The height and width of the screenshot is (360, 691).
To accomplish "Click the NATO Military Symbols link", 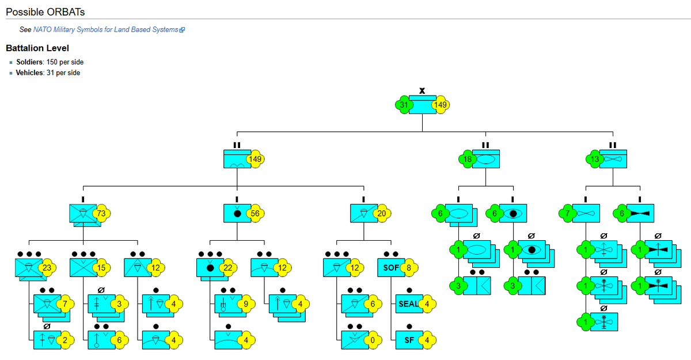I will point(105,29).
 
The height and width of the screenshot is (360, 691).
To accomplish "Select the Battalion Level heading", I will point(37,48).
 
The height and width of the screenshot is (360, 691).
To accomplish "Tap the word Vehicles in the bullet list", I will point(29,73).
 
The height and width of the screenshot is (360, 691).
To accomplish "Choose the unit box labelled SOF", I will point(390,268).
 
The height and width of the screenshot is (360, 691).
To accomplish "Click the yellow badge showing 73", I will point(101,214).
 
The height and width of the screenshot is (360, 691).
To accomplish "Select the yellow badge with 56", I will point(255,214).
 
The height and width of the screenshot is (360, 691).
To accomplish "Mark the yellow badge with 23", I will point(47,268).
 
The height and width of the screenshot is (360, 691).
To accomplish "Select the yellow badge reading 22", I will point(229,268).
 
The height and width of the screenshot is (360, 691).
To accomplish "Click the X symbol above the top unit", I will point(422,90).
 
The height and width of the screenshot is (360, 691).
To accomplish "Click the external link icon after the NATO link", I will point(182,29).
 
